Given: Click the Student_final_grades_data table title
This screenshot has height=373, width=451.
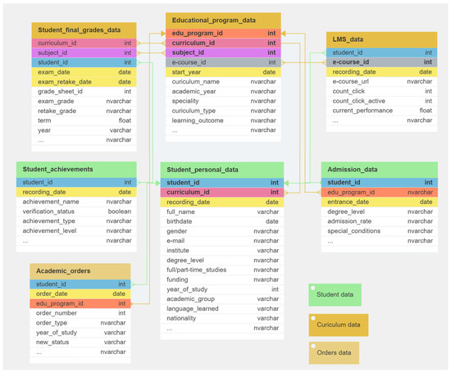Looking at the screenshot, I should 79,30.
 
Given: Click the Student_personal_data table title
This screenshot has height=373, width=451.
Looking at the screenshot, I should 203,170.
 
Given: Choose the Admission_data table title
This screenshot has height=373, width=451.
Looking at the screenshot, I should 352,170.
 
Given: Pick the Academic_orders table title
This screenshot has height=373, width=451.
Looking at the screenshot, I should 63,271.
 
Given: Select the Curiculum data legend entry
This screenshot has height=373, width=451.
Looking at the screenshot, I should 339,324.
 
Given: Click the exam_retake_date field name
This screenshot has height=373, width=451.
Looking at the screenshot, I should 65,82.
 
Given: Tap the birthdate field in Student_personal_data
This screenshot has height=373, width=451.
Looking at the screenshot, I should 180,221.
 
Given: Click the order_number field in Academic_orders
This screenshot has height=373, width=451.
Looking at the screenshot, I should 57,312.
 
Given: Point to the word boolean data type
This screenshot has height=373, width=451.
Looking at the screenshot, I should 120,212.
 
